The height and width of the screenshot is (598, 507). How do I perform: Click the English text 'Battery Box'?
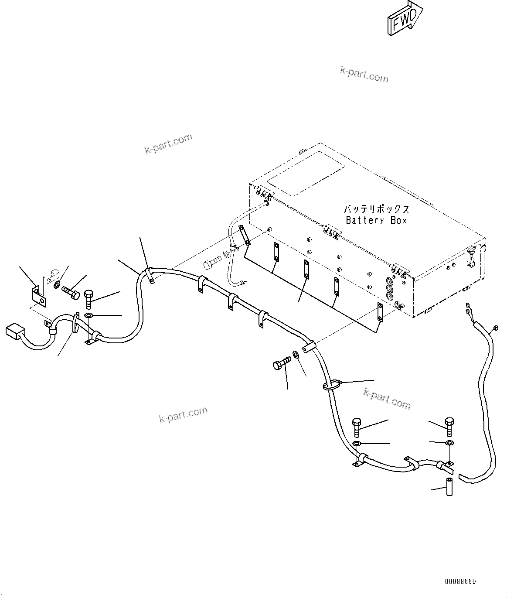pos(376,221)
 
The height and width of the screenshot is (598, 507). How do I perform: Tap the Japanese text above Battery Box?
pos(376,209)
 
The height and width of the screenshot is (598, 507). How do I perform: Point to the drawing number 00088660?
pos(460,582)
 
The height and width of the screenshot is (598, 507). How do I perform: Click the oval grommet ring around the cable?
pos(331,385)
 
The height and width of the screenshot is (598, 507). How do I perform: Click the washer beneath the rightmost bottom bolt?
pos(449,443)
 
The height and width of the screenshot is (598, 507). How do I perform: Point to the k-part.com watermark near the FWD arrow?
pos(364,75)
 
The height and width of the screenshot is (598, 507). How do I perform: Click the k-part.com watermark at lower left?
pos(183,415)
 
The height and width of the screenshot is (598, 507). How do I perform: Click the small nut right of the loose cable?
pos(496,328)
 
